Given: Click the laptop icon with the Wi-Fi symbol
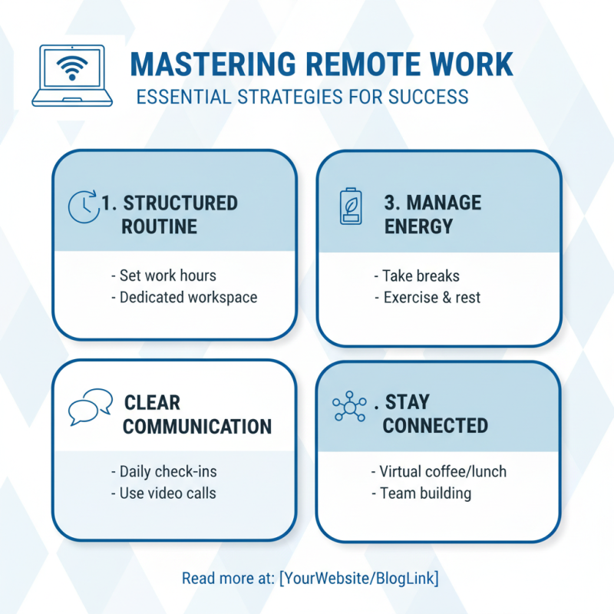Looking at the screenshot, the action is tap(72, 75).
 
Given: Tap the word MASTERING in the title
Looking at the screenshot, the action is tap(213, 64).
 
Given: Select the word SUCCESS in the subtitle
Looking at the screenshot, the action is tap(428, 97).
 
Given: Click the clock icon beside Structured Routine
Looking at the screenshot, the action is tap(83, 206).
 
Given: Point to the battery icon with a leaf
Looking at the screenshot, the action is tap(351, 206).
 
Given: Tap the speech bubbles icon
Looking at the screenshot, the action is tap(91, 407).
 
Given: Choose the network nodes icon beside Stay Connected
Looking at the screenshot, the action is tap(349, 406).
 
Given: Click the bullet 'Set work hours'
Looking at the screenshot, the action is tap(163, 276).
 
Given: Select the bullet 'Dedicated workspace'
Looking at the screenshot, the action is tap(184, 298).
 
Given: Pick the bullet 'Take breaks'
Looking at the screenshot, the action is tap(417, 276).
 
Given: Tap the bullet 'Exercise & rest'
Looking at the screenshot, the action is tap(427, 298).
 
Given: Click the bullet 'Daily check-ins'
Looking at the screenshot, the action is tap(163, 471).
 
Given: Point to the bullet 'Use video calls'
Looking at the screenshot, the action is tap(163, 494).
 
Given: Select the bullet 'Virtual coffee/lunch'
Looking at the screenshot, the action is tap(438, 471).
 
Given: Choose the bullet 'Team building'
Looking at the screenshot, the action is tap(421, 494).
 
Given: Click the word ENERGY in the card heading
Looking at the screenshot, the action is tap(418, 226).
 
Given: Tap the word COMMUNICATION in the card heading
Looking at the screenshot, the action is tap(197, 427).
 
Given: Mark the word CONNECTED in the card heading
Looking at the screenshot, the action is tap(435, 426).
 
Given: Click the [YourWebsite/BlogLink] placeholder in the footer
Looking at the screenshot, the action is tap(358, 579).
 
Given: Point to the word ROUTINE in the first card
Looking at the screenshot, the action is tap(159, 226).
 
